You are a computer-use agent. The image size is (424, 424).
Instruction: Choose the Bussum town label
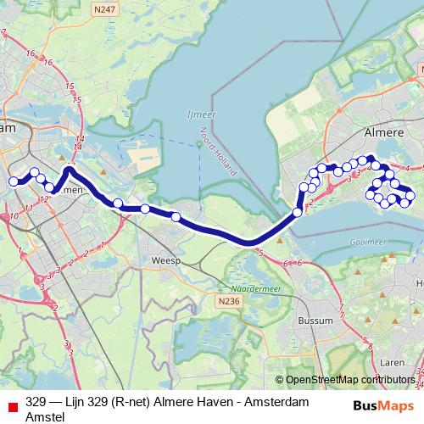point(315,322)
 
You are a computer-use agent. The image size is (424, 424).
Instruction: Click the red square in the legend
point(10,402)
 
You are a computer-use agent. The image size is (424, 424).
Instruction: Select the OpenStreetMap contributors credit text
point(350,380)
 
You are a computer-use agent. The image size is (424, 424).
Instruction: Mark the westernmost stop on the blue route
point(14,181)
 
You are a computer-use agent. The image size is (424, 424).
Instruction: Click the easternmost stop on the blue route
point(410,197)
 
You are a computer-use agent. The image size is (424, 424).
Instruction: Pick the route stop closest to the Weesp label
point(176,217)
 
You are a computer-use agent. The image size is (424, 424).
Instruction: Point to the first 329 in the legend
point(36,401)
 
